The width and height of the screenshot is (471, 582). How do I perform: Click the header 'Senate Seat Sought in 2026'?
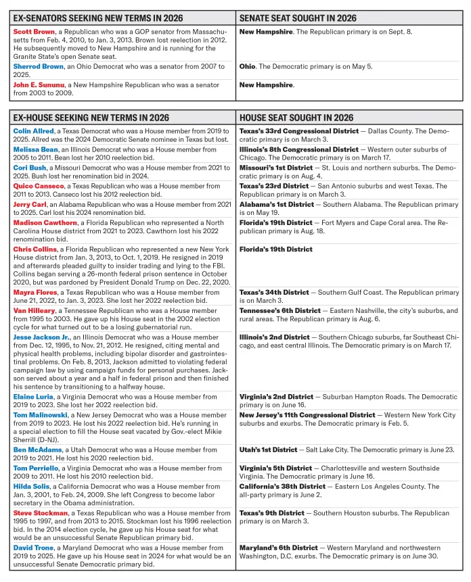pos(298,18)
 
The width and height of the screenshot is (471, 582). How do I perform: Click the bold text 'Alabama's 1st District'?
pos(274,204)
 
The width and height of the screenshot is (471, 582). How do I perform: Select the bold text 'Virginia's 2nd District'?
pos(275,397)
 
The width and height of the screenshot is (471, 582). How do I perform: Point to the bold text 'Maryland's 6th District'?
pos(276,548)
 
